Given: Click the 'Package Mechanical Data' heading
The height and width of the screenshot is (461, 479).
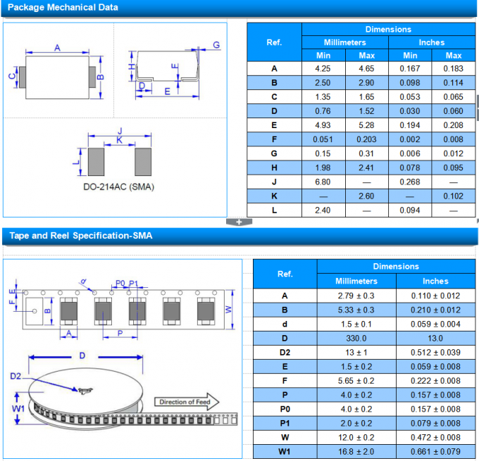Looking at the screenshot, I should coord(62,8).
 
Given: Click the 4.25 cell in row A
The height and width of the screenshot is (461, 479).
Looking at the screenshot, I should coord(323,69).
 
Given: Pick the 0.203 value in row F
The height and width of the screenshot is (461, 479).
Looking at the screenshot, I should coord(367,139).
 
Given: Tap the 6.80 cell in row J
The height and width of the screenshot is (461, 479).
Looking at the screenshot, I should coord(323,182).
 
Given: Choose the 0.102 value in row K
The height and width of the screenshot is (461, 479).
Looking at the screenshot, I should coord(454,196).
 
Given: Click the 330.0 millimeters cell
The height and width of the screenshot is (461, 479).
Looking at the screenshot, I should coord(356,338).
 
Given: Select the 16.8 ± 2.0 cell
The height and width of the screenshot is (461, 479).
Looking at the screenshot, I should coord(356,451).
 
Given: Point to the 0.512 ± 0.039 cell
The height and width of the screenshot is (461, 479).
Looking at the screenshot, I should coord(435,352).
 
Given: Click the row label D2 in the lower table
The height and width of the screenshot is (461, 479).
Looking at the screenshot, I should coord(285,352).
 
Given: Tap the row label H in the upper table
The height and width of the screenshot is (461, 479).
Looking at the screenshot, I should coord(274,168).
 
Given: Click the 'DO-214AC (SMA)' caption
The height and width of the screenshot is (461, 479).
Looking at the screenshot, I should coord(118,187).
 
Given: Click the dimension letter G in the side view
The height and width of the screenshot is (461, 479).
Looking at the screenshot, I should coord(216,45).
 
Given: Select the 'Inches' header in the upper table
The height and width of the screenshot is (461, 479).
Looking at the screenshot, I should coord(432,42).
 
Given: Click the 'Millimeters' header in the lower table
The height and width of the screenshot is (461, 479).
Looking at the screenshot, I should coord(356,281).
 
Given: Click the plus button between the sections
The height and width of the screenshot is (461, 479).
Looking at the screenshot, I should coord(239,222).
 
